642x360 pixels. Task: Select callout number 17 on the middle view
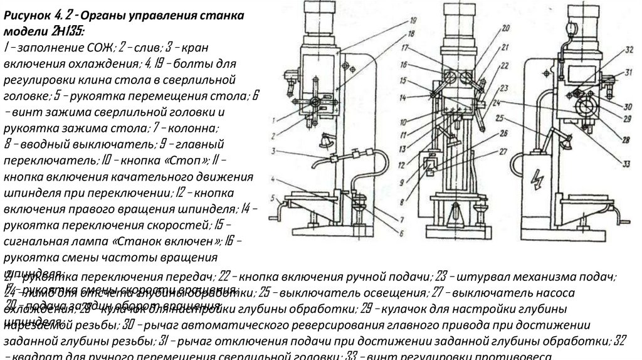click(406, 48)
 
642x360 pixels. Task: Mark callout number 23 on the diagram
click(504, 87)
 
